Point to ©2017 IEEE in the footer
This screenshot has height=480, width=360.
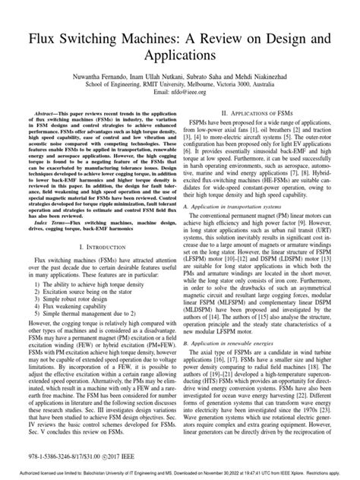(140, 457)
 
